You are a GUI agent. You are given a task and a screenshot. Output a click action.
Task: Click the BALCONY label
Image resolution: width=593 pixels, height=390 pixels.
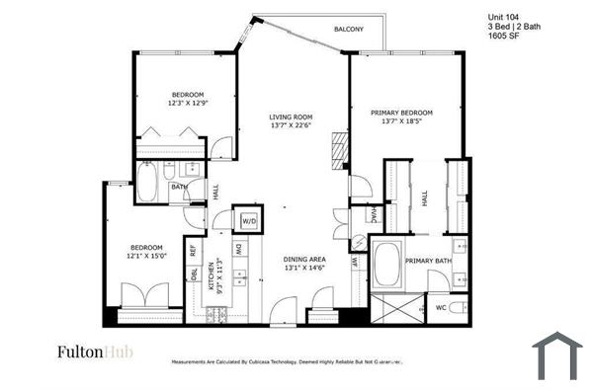[x=348, y=30]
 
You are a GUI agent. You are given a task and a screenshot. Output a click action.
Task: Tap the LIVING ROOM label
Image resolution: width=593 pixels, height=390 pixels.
[x=291, y=117]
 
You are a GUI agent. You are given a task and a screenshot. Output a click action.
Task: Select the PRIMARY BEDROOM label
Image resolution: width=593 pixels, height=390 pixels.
[x=402, y=114]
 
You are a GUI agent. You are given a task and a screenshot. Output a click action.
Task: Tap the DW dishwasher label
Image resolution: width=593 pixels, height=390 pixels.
[x=238, y=252]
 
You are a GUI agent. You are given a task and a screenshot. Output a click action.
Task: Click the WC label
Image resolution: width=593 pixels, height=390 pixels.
[x=442, y=308]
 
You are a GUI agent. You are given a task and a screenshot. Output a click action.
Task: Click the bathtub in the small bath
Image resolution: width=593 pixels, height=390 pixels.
[x=147, y=183]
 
